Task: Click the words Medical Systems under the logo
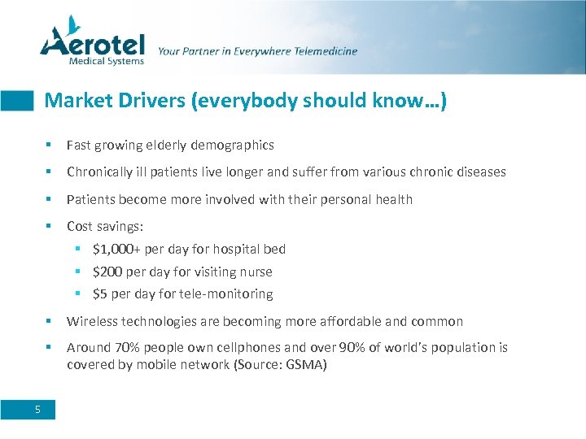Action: pyautogui.click(x=107, y=60)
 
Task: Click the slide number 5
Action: pyautogui.click(x=37, y=410)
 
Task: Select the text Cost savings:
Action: pyautogui.click(x=105, y=227)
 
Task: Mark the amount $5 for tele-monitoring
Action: pyautogui.click(x=102, y=293)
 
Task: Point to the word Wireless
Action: pyautogui.click(x=91, y=321)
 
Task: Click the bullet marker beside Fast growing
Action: pyautogui.click(x=50, y=146)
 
